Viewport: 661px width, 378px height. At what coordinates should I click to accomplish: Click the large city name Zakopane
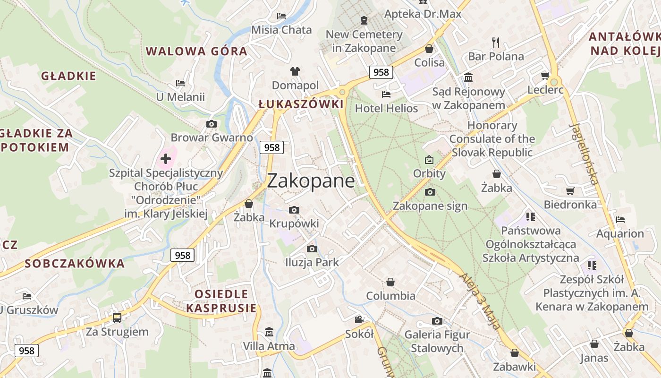point(311,181)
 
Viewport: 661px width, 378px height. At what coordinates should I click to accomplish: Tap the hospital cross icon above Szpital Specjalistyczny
point(165,159)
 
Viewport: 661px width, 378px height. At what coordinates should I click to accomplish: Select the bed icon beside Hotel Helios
point(386,94)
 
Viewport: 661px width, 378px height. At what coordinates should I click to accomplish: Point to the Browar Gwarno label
point(212,138)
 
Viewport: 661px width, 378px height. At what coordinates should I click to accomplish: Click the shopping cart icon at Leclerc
point(545,76)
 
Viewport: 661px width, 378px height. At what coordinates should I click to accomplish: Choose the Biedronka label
point(570,205)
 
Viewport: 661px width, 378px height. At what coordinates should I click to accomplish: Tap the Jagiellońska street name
point(584,154)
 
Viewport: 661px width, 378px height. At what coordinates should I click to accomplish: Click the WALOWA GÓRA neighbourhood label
point(196,51)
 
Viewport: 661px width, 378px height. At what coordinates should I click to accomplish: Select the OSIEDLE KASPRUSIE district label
point(221,301)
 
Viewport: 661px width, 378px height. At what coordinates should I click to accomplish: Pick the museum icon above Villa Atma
point(269,332)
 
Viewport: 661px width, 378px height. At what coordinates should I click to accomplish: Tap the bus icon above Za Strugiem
point(117,318)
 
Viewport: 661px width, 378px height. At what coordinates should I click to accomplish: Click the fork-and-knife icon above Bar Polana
point(496,43)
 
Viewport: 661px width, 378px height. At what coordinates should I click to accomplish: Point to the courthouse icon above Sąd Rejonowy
point(468,77)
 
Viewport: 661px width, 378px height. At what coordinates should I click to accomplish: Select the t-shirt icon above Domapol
point(295,71)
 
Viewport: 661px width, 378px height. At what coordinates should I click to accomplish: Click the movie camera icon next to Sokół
point(359,320)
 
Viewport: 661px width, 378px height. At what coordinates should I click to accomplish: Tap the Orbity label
point(429,173)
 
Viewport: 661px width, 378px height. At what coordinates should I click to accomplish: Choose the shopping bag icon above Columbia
point(390,282)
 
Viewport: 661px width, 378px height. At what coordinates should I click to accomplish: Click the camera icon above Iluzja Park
point(312,249)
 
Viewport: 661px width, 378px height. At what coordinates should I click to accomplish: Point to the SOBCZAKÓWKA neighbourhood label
point(75,264)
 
